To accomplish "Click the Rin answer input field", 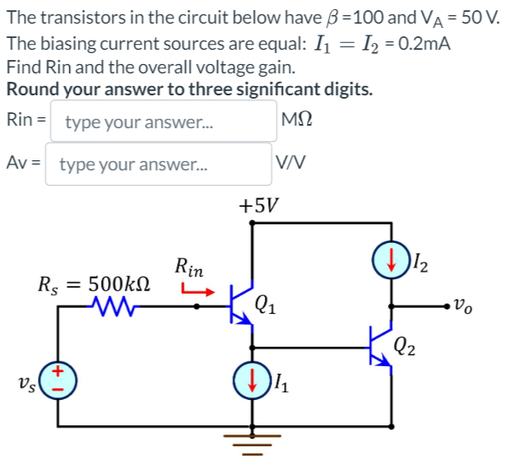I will tap(164, 121).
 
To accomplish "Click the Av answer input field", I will tap(158, 163).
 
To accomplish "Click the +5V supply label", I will tap(259, 205).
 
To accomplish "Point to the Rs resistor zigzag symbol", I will tap(112, 306).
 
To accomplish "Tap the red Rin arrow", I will tap(196, 292).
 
